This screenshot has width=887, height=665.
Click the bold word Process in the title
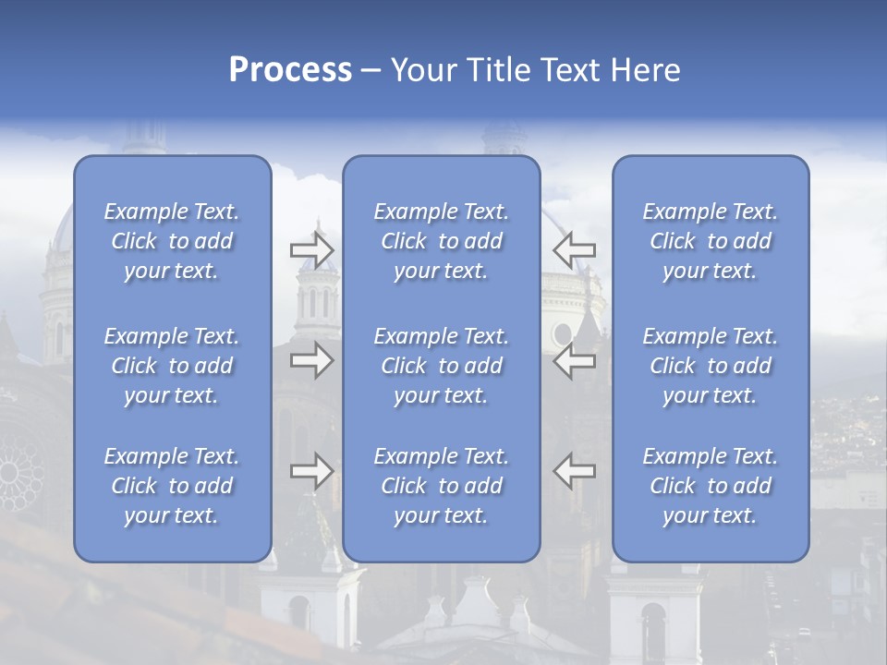point(290,70)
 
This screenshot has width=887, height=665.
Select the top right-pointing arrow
point(312,248)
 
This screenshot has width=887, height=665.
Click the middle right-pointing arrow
point(312,360)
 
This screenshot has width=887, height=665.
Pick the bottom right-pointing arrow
point(312,471)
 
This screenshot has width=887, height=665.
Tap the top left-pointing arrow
point(575,248)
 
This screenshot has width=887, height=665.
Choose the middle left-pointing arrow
point(575,360)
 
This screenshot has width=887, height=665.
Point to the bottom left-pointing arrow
point(575,471)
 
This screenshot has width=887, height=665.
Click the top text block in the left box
point(172,241)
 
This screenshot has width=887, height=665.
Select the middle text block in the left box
point(172,366)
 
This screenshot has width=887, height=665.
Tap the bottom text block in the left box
point(172,486)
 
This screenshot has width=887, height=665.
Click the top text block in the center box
point(442,241)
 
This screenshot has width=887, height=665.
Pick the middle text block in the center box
point(442,366)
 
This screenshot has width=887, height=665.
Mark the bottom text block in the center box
point(442,486)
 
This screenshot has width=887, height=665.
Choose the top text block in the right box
point(711,241)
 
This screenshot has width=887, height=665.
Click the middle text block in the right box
point(711,366)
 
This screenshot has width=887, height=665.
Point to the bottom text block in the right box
point(711,486)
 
